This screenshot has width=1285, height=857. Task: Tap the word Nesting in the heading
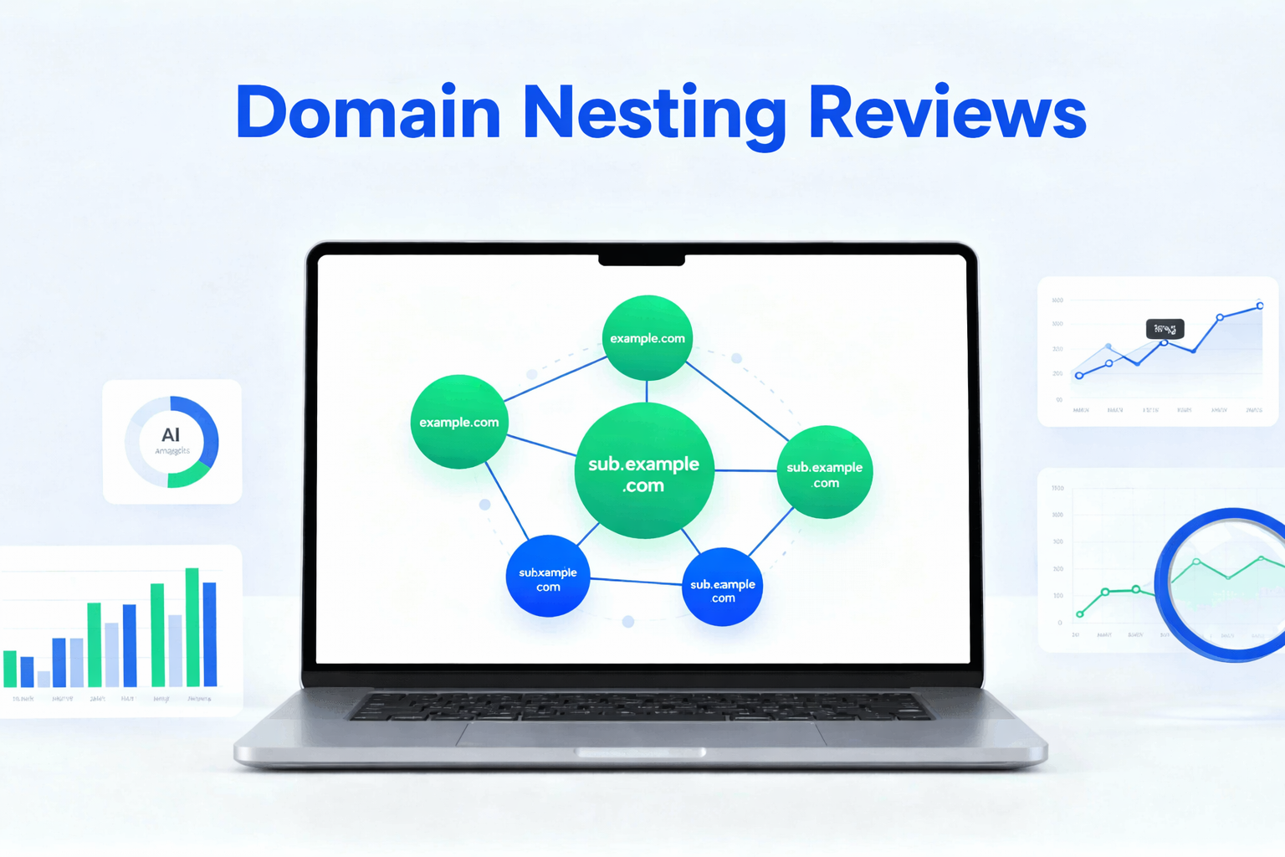point(654,114)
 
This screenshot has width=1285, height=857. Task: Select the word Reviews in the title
point(947,112)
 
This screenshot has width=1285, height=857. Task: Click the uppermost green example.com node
point(648,338)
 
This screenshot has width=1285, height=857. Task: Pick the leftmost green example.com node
point(458,422)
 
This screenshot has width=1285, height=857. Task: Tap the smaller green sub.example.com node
point(825,473)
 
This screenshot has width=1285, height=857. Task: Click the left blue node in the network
point(548,577)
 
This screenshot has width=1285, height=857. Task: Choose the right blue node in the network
point(722,588)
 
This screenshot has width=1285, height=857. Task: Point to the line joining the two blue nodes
point(636,581)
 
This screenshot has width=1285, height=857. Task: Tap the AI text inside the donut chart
point(171,435)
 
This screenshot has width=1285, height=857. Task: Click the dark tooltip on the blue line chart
point(1165,329)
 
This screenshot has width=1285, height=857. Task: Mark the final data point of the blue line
point(1260,305)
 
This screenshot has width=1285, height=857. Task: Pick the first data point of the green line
point(1080,614)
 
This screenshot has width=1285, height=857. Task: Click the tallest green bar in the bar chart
point(192,627)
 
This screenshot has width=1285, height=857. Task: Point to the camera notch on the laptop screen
point(642,260)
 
